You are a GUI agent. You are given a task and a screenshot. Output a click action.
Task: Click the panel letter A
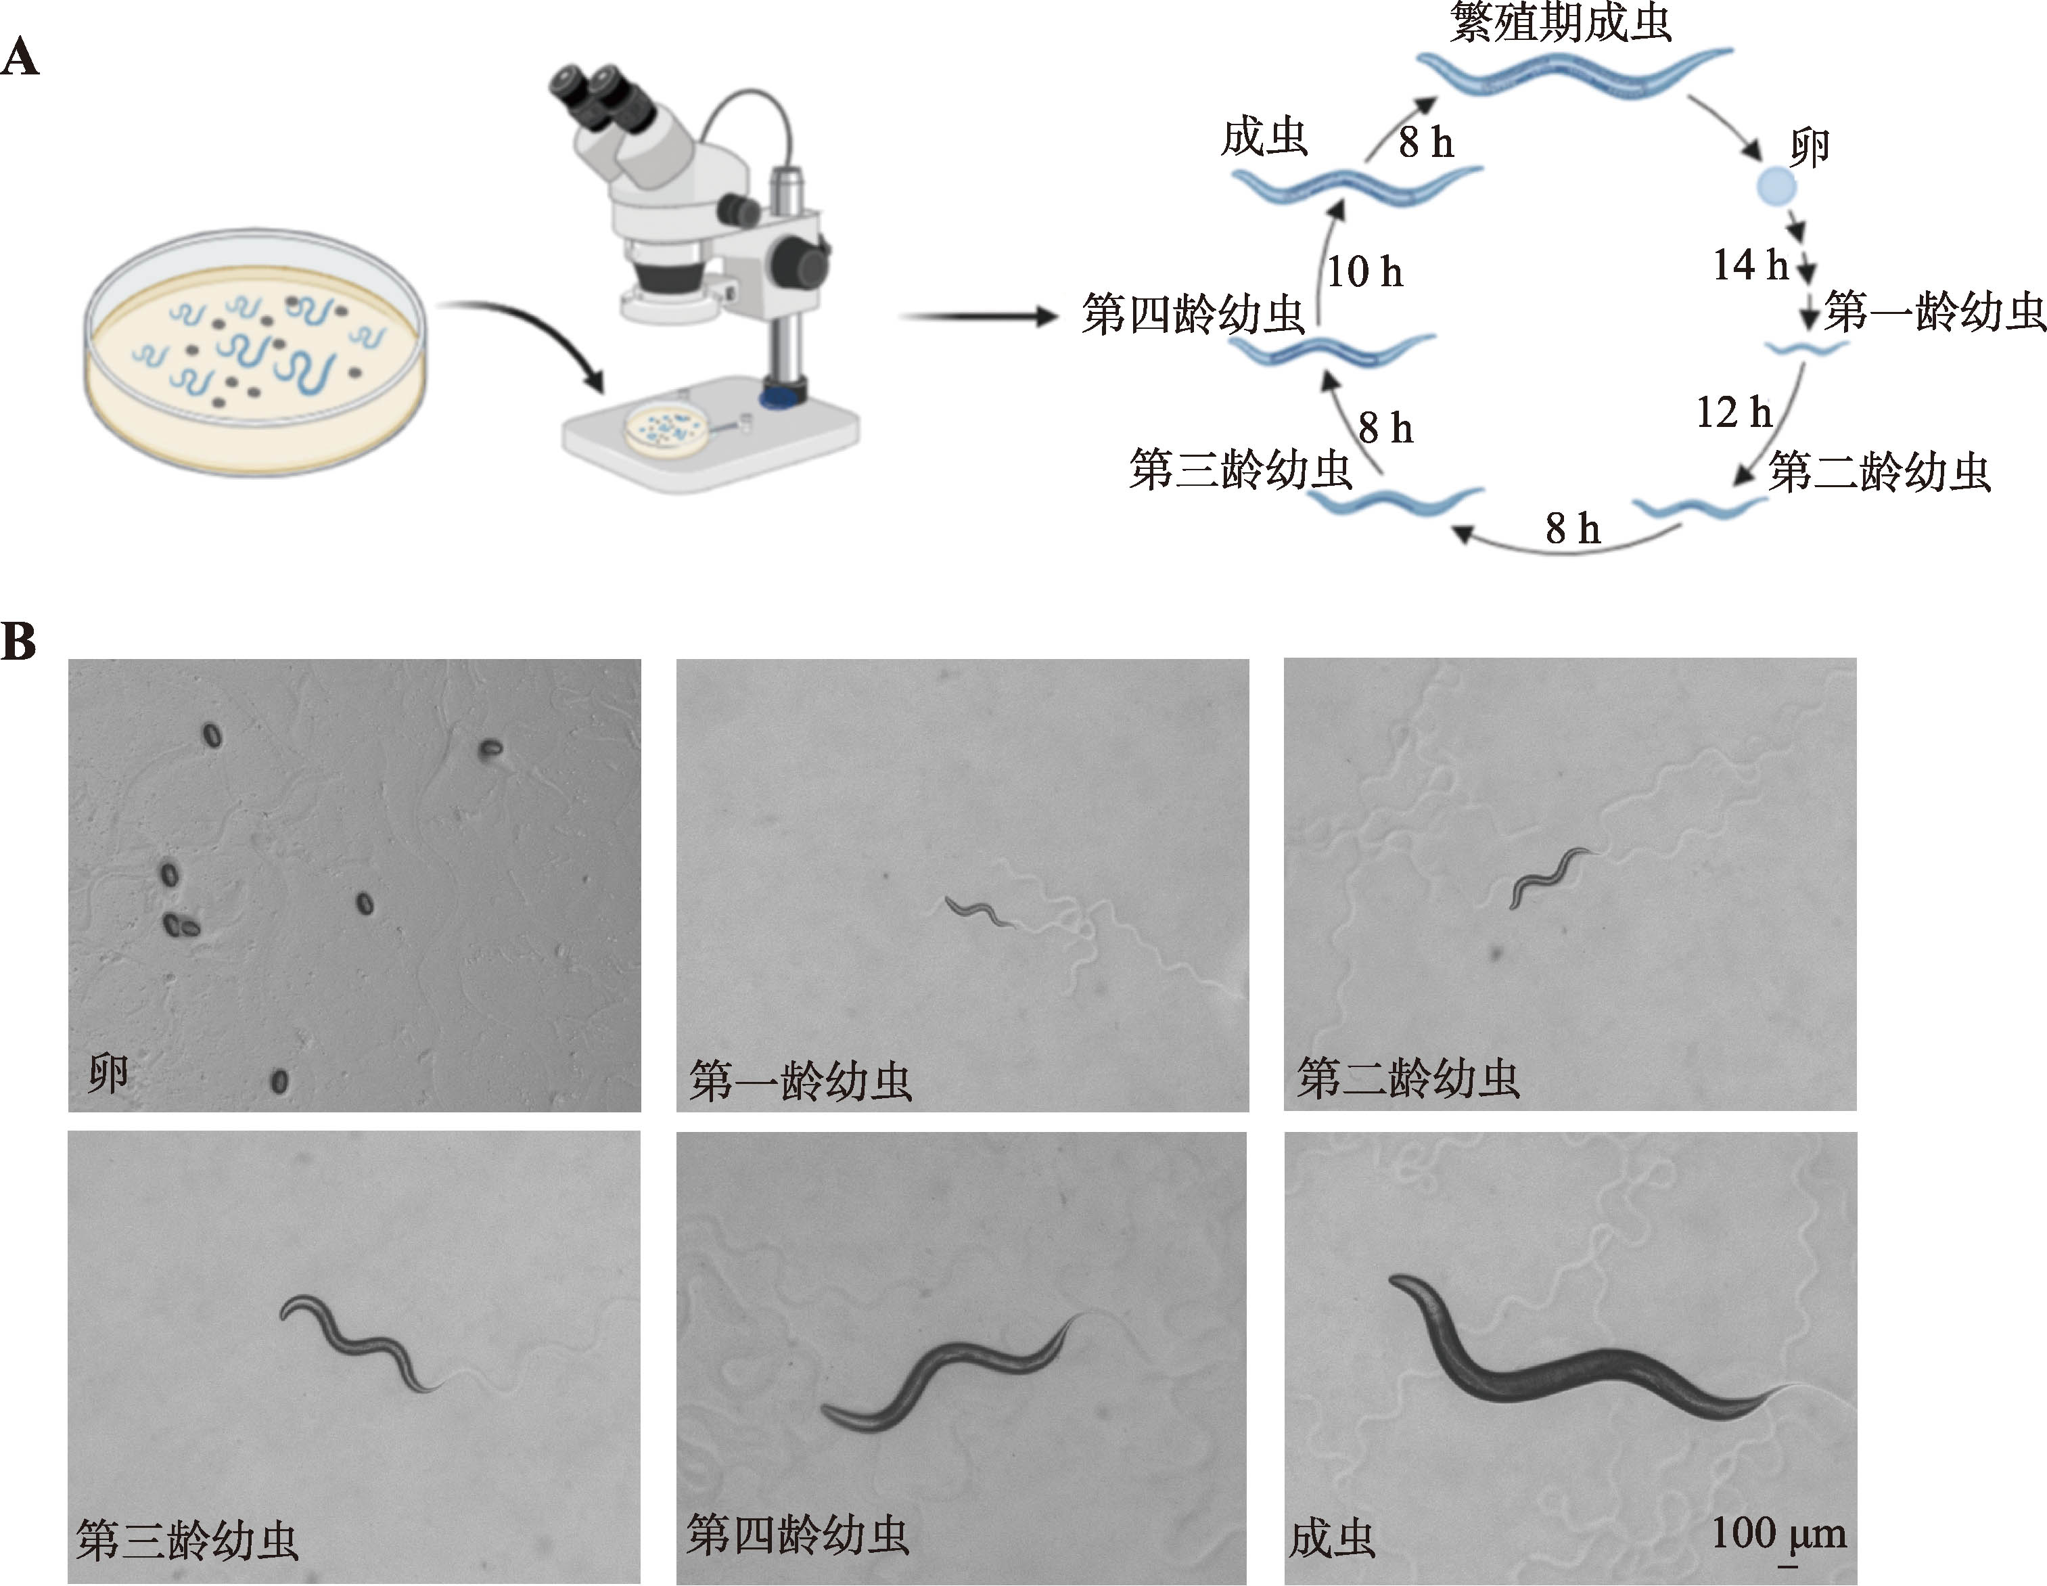[x=20, y=58]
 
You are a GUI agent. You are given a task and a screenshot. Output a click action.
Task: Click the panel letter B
[x=19, y=643]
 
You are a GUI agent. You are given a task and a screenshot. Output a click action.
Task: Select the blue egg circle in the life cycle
[x=1776, y=185]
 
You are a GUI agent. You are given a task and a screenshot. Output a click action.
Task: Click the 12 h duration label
[x=1733, y=413]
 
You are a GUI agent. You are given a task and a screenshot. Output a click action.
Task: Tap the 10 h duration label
[x=1364, y=273]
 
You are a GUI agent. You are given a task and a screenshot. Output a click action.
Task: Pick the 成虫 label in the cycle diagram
[x=1264, y=138]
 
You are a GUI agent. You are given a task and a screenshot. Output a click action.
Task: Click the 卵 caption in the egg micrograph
[x=107, y=1073]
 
